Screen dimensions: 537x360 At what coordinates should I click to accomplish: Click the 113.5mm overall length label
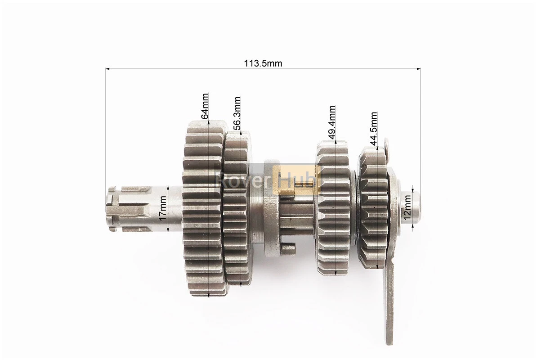(263, 63)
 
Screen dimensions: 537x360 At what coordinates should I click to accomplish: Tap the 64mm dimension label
(204, 106)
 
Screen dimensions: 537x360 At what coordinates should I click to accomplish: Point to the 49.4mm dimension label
(332, 122)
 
